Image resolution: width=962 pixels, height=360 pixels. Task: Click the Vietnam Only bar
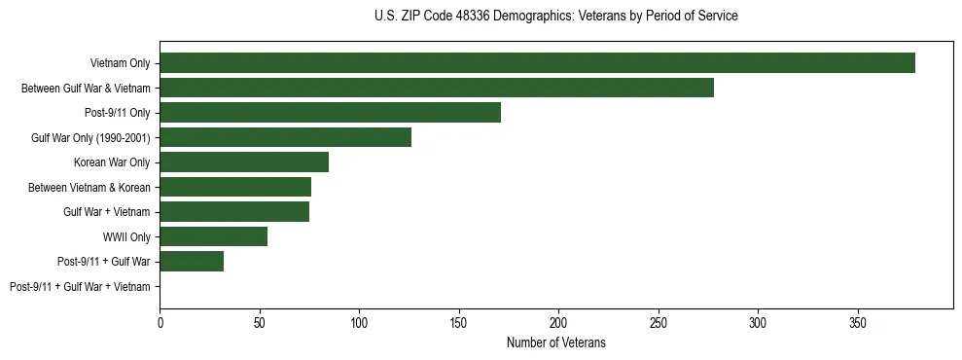(x=537, y=63)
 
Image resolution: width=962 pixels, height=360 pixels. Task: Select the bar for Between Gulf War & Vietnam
(x=437, y=88)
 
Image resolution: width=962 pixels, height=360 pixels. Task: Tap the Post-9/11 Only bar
(x=330, y=113)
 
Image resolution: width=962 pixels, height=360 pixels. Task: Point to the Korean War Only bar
(x=244, y=162)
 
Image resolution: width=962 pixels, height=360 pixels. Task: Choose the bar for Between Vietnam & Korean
(x=235, y=187)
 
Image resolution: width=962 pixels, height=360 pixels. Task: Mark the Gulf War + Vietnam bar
(x=234, y=212)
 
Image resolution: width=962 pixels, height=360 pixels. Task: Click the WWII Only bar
(x=213, y=236)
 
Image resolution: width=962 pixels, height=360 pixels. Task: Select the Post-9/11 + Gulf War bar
(x=192, y=262)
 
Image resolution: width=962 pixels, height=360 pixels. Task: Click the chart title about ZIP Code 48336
(x=555, y=17)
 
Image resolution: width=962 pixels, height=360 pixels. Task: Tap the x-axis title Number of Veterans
(x=555, y=342)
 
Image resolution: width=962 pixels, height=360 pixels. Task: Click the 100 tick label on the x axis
(x=359, y=321)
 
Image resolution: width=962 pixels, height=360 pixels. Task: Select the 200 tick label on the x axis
(x=558, y=321)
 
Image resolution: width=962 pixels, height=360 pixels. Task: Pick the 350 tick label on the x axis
(x=857, y=321)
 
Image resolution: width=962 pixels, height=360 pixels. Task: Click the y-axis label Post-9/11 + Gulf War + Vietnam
(x=80, y=287)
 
